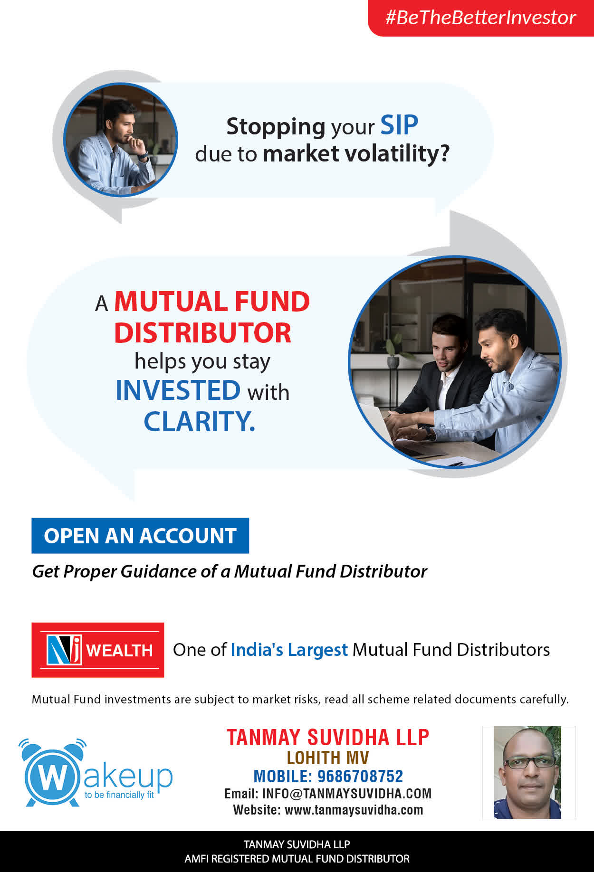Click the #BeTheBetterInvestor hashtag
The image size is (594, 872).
pyautogui.click(x=480, y=18)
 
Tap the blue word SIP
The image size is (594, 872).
pyautogui.click(x=399, y=126)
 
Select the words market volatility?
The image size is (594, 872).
pyautogui.click(x=356, y=154)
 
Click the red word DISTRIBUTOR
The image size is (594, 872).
pyautogui.click(x=202, y=333)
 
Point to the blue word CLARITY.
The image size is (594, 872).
pyautogui.click(x=199, y=421)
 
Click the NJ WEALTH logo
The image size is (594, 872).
pyautogui.click(x=98, y=650)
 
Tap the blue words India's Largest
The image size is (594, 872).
pyautogui.click(x=289, y=650)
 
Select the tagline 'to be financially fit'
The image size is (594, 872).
pyautogui.click(x=119, y=795)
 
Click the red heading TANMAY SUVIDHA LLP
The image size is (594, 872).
pyautogui.click(x=328, y=738)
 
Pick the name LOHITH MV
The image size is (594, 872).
pyautogui.click(x=328, y=758)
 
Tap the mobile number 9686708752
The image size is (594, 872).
pyautogui.click(x=360, y=777)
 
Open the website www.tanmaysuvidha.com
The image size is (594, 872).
pyautogui.click(x=354, y=810)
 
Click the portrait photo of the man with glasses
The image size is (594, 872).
pyautogui.click(x=529, y=772)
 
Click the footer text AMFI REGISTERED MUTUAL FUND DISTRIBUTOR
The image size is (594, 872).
pyautogui.click(x=297, y=859)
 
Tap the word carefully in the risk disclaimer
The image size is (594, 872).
pyautogui.click(x=544, y=700)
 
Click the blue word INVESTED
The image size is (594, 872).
pyautogui.click(x=178, y=390)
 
